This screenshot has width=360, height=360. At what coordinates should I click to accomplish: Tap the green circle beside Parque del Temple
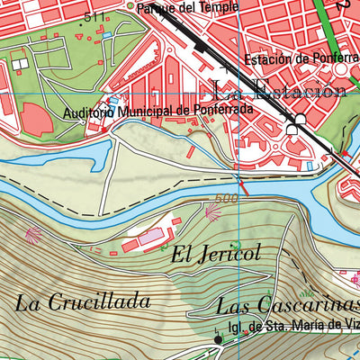130,7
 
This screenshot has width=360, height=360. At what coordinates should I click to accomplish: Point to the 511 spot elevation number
92,16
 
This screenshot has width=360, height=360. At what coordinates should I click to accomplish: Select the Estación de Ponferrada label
301,59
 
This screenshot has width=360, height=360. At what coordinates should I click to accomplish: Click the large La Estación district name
279,90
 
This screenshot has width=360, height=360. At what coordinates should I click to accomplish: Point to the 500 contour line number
226,199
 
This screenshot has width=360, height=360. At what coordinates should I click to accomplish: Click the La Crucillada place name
82,301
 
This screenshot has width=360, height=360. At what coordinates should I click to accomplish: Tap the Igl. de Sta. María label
292,328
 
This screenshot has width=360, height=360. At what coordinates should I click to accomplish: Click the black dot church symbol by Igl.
218,340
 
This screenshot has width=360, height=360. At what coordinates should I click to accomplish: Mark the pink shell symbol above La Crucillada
33,235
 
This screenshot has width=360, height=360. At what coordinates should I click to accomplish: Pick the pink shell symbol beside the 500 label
213,212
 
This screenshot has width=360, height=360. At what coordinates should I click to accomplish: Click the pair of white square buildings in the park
20,65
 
